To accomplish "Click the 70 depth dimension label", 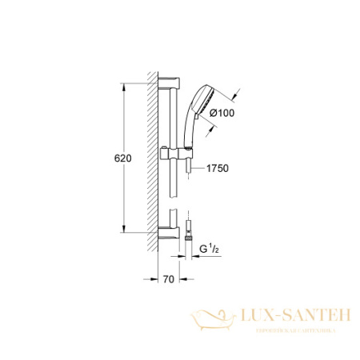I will coord(167,281).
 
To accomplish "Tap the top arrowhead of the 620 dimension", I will coord(123,84).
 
